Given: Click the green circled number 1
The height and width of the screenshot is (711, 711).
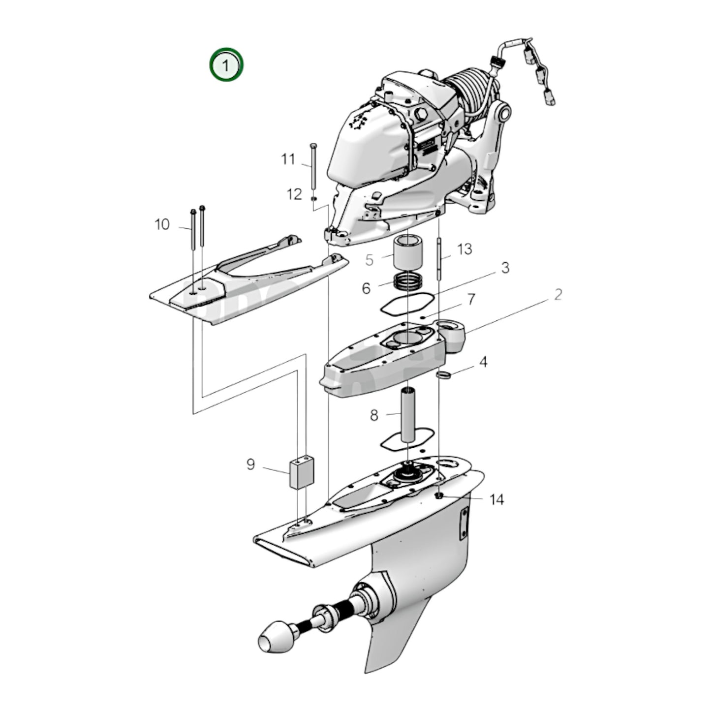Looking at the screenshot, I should pos(226,64).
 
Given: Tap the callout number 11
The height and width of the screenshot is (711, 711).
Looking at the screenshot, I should pos(288,159).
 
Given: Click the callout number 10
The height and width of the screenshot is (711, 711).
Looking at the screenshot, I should pos(162,224).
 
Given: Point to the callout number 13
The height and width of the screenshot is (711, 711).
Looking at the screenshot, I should pos(464,249).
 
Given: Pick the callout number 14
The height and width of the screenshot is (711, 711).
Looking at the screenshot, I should pos(496,499).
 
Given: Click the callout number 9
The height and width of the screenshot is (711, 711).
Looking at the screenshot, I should pos(250,464).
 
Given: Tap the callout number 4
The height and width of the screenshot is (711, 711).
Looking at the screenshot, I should pos(483,362).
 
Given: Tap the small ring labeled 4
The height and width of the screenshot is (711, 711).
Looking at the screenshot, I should pos(444,376).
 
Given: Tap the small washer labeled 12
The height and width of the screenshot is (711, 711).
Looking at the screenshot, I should pos(313,198).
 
